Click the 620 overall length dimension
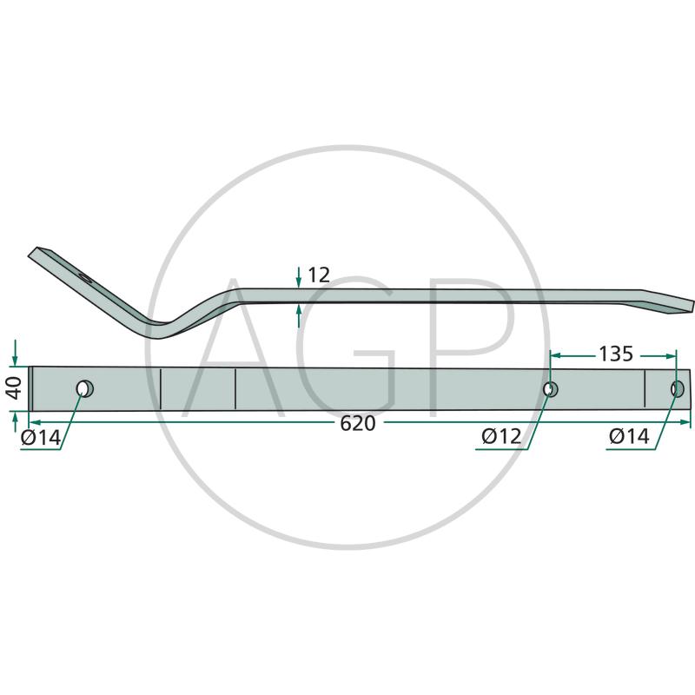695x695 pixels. click(x=358, y=424)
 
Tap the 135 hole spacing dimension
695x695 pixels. click(x=616, y=354)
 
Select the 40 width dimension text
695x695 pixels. click(x=15, y=388)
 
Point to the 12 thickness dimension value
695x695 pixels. click(x=319, y=275)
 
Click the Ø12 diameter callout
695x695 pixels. click(x=501, y=437)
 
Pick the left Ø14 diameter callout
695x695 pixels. click(x=41, y=438)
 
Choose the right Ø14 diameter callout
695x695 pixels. click(x=629, y=437)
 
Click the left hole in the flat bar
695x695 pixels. click(x=84, y=388)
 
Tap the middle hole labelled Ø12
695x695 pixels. click(x=551, y=389)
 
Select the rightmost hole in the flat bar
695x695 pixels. click(x=678, y=388)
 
